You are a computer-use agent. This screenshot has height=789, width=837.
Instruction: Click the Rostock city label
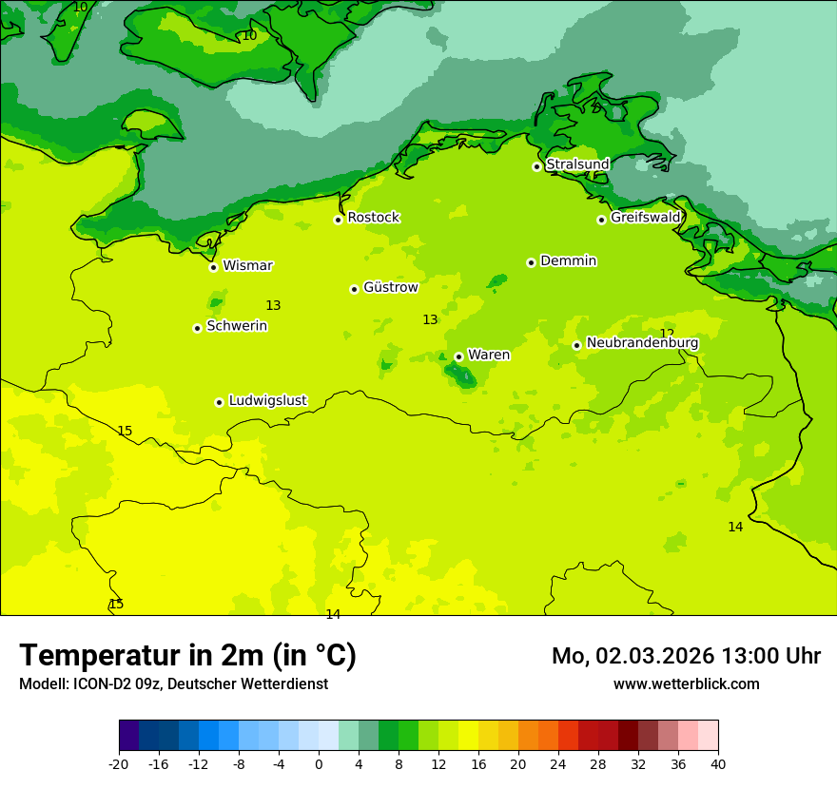(x=373, y=218)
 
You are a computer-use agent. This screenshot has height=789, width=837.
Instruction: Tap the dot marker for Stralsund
(x=536, y=166)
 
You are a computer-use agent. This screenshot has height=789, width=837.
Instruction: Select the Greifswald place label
(x=645, y=218)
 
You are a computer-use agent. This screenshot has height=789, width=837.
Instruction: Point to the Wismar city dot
(x=214, y=267)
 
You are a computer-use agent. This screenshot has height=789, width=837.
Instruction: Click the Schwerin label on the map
(x=237, y=326)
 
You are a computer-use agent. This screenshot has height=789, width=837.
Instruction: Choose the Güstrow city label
(x=390, y=287)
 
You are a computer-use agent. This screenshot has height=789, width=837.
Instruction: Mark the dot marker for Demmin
(x=531, y=262)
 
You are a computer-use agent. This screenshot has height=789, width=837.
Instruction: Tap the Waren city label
(x=489, y=355)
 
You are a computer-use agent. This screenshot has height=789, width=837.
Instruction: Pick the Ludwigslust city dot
(x=219, y=402)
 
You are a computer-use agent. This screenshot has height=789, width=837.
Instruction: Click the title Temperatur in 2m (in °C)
(x=187, y=656)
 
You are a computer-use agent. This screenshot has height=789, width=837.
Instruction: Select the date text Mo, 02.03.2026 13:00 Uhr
(x=686, y=656)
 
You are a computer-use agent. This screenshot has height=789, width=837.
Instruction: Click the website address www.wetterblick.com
(x=686, y=684)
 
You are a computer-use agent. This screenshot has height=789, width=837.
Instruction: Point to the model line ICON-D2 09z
(x=173, y=684)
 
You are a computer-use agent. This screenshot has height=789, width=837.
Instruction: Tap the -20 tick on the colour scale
(x=119, y=764)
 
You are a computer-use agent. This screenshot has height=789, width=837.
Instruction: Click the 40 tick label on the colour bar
(x=718, y=764)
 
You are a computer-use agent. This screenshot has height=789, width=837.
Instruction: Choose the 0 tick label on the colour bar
(x=319, y=764)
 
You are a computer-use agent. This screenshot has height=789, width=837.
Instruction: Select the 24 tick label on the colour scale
(x=558, y=764)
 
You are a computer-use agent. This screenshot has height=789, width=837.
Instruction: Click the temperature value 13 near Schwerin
(x=273, y=306)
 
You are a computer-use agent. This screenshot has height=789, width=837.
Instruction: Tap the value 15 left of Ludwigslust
(x=125, y=432)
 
